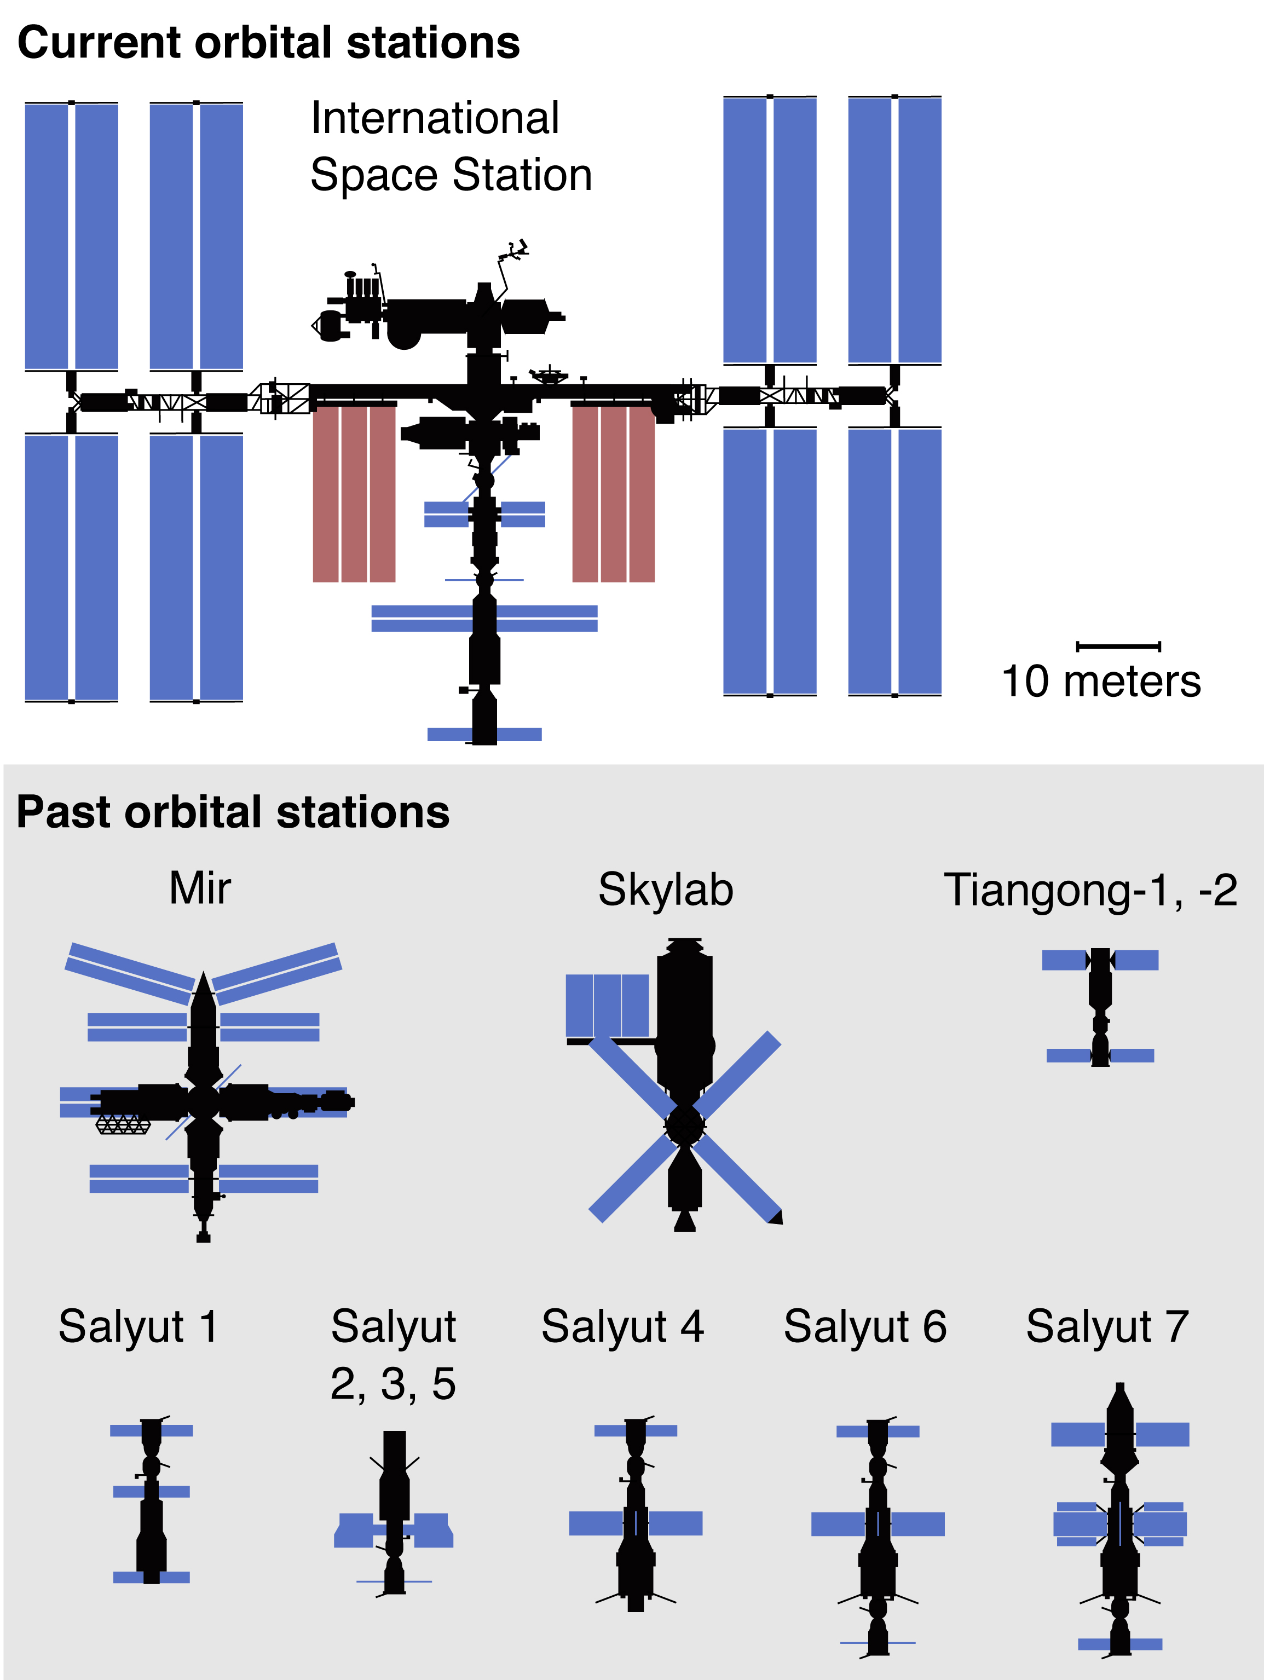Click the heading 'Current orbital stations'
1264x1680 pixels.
(268, 43)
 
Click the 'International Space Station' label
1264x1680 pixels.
(451, 147)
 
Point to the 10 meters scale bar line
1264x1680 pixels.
(1118, 646)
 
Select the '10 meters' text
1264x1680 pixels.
(1101, 682)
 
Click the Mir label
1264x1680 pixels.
(200, 888)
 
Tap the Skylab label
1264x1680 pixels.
(666, 890)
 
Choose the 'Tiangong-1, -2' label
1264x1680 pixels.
(1090, 890)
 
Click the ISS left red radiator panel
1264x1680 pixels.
(354, 494)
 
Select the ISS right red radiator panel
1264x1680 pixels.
(613, 494)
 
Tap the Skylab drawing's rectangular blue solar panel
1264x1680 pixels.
(607, 1006)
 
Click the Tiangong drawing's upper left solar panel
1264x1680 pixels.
(1065, 960)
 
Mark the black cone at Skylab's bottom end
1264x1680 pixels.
(684, 1221)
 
